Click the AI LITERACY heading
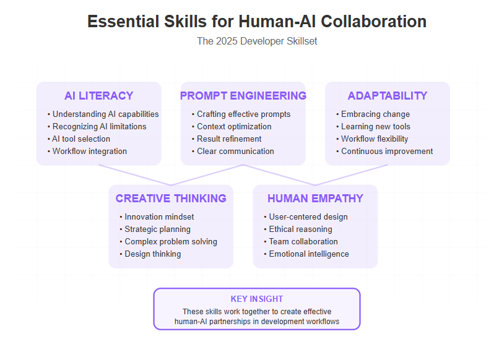pos(99,96)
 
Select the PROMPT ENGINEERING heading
pos(243,96)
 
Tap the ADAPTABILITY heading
pos(388,96)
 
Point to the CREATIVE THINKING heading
pos(171,199)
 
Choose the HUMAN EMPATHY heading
pos(315,199)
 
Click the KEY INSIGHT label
pos(257,299)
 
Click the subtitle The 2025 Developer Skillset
pos(257,41)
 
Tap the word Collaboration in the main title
pos(373,22)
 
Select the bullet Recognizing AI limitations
pos(97,127)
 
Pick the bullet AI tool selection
pos(79,139)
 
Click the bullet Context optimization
pos(232,127)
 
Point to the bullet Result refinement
pos(227,139)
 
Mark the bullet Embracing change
pos(373,114)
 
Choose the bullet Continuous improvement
pos(384,152)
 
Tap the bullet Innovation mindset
pos(157,217)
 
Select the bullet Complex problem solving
pos(168,242)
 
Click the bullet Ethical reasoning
pos(298,229)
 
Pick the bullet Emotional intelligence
pos(306,254)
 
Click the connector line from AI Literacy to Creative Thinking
pos(135,175)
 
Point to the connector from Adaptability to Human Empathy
pos(351,175)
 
